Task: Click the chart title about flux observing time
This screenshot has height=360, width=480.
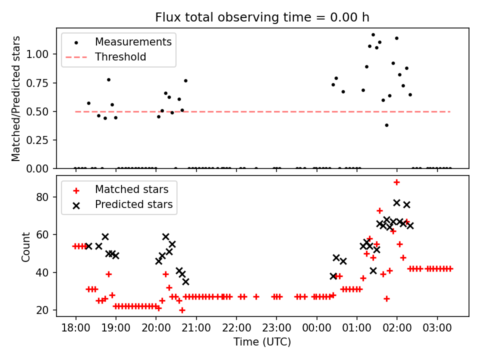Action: coord(262,17)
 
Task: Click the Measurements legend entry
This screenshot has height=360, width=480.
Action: coord(133,42)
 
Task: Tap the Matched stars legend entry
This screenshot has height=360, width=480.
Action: coord(131,189)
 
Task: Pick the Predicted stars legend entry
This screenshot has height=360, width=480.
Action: coord(133,204)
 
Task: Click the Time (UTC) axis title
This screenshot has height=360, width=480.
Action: coord(262,342)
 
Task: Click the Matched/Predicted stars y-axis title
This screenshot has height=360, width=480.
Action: coord(16,98)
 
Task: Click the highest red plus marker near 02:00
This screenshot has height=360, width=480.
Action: coord(396,182)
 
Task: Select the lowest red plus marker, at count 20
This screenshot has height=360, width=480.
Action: coord(182,310)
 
